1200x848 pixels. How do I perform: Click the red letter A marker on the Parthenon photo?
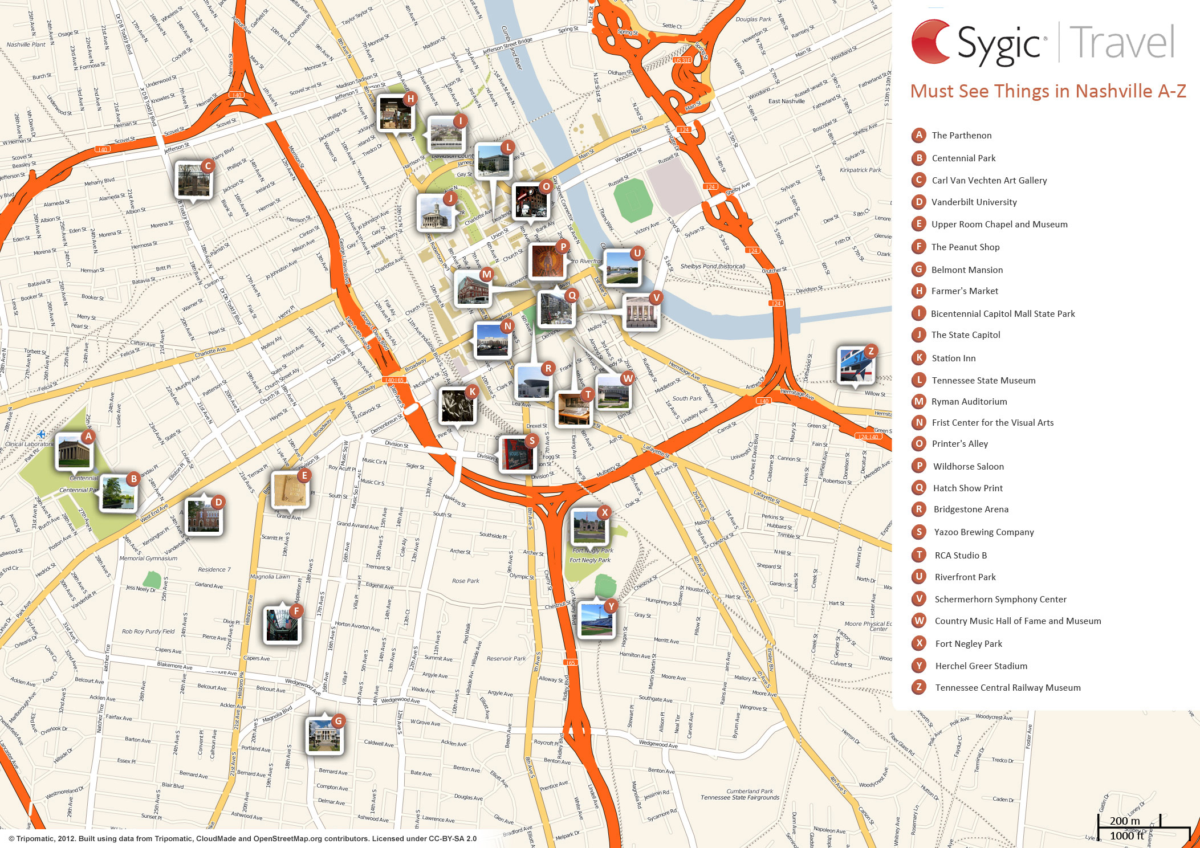click(x=88, y=437)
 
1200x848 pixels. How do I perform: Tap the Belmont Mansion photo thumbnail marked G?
click(x=324, y=735)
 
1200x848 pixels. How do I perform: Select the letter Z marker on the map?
click(x=870, y=351)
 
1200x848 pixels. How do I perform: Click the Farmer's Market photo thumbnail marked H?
click(x=395, y=113)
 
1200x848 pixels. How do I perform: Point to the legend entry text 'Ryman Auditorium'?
click(x=969, y=402)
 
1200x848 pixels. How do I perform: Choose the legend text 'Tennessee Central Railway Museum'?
click(x=1007, y=688)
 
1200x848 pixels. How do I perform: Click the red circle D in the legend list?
click(x=918, y=202)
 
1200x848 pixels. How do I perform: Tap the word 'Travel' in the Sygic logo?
click(x=1121, y=43)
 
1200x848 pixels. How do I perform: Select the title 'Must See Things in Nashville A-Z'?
click(x=1048, y=91)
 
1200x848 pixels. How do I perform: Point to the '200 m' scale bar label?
click(x=1124, y=821)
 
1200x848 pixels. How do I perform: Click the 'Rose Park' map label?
click(x=465, y=581)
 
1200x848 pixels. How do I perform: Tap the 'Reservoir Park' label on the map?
click(x=506, y=658)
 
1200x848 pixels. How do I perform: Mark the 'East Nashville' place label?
click(x=786, y=101)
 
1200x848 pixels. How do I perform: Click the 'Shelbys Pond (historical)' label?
click(x=712, y=266)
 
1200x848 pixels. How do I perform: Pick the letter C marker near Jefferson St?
click(x=208, y=166)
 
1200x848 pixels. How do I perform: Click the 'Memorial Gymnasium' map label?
click(x=148, y=558)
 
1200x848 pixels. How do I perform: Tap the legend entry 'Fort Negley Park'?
click(x=968, y=644)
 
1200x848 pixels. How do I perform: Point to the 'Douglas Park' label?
click(x=753, y=19)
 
